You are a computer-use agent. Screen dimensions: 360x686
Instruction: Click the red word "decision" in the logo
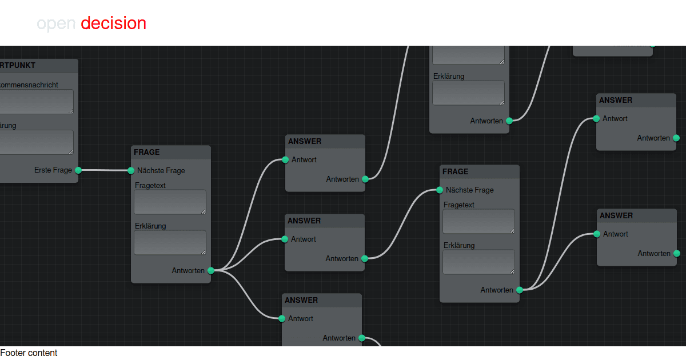tap(113, 23)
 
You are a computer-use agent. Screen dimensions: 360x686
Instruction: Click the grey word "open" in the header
tap(56, 23)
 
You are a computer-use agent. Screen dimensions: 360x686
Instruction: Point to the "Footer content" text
tap(29, 353)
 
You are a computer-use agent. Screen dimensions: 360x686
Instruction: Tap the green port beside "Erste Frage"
tap(78, 170)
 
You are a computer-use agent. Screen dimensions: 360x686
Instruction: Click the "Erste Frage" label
tap(53, 170)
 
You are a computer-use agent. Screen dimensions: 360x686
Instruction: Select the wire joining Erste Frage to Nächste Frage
tap(105, 170)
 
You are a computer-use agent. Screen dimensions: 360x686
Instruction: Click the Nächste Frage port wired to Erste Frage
tap(131, 170)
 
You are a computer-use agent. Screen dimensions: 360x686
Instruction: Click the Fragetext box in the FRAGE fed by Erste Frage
tap(170, 202)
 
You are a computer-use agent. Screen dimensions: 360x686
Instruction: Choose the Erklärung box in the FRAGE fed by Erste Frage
tap(170, 242)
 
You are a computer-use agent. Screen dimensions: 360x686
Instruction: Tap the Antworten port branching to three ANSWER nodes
tap(210, 271)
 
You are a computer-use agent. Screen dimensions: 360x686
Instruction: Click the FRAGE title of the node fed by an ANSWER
tap(456, 171)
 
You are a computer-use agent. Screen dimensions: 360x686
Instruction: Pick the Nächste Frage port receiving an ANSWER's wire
tap(440, 190)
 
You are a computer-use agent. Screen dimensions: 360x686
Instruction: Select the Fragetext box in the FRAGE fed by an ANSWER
tap(478, 221)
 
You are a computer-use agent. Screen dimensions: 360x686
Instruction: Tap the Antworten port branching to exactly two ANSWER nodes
tap(519, 290)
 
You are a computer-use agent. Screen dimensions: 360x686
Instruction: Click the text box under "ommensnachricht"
tap(35, 101)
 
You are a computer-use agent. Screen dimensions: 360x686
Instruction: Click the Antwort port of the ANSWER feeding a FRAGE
tap(285, 239)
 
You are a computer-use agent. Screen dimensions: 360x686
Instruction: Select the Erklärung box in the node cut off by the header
tap(468, 93)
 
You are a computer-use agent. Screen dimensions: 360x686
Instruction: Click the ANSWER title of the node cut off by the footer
tap(301, 300)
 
